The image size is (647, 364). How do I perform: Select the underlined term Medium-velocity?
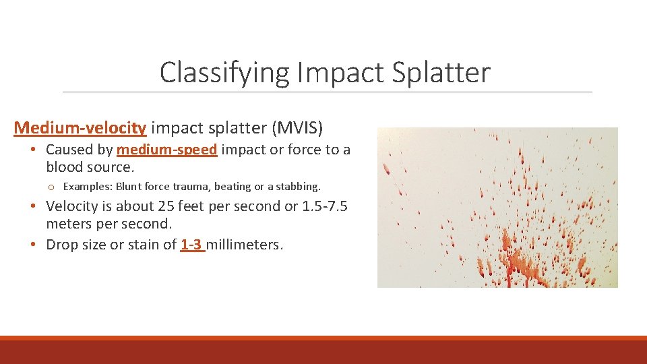tap(80, 127)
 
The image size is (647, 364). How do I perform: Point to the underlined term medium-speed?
tap(167, 150)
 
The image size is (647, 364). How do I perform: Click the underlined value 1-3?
tap(192, 245)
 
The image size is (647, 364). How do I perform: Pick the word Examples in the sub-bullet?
tap(88, 187)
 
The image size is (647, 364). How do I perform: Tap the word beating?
tap(232, 187)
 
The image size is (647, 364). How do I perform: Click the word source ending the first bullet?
tap(112, 167)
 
